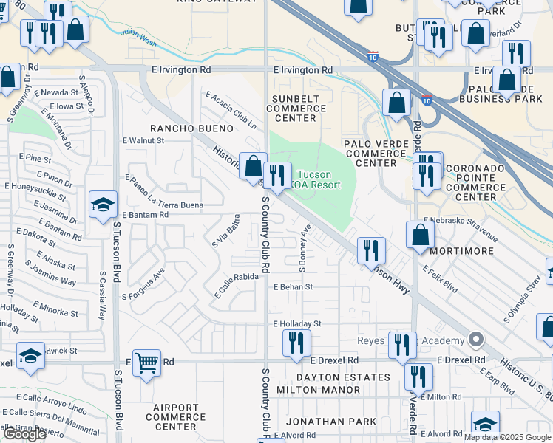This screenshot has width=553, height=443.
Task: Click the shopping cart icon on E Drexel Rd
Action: point(146,363)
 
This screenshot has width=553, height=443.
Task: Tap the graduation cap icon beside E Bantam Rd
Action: point(103,205)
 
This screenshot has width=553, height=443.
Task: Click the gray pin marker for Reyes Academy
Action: point(476,340)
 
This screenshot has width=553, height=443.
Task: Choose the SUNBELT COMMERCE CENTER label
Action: point(296,109)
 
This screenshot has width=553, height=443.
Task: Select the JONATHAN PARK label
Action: point(331,422)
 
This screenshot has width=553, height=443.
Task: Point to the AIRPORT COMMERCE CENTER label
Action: point(176,416)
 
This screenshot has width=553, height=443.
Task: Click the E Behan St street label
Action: point(294,287)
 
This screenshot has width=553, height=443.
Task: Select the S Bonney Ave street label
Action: point(304,243)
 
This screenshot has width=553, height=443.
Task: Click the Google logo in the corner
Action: point(24,434)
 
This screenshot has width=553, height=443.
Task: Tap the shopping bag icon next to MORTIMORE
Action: point(420,236)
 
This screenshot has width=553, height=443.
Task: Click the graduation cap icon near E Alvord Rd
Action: point(485,425)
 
